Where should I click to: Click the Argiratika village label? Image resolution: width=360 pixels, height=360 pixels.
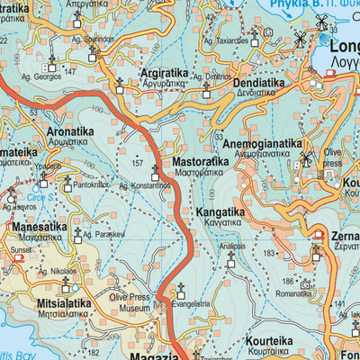click(169, 70)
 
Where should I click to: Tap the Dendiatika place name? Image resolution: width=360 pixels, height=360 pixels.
click(261, 83)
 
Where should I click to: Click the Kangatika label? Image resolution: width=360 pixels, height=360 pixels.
click(220, 213)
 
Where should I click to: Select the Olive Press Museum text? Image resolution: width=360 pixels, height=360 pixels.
click(130, 302)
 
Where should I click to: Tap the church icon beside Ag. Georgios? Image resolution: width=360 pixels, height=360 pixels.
click(51, 64)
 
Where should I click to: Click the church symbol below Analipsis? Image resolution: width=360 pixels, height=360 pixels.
click(230, 258)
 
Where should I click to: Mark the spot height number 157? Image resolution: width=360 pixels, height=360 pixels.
click(137, 163)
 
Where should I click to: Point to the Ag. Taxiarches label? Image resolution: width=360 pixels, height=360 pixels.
click(226, 41)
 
